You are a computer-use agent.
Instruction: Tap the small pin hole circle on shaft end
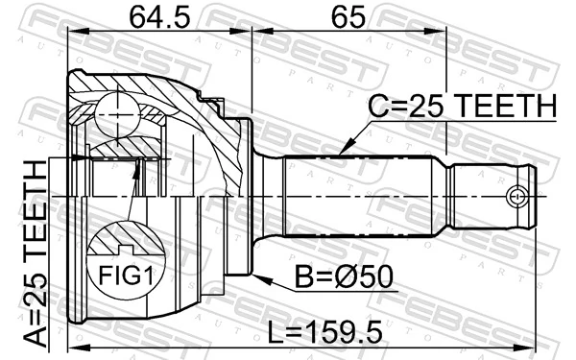519,197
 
